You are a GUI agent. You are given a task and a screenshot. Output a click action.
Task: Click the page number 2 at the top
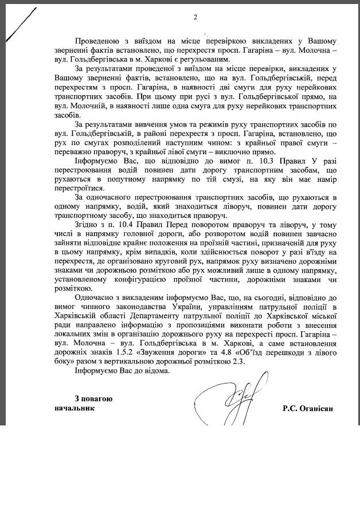tap(195, 18)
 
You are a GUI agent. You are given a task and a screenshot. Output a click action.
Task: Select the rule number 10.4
tap(115, 225)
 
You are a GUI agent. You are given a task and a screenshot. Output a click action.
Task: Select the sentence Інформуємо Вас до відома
tap(122, 372)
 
